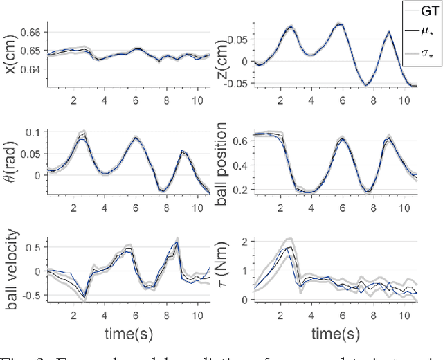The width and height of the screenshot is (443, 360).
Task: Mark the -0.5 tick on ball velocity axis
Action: pyautogui.click(x=32, y=294)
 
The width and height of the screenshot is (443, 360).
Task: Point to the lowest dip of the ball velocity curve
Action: pyautogui.click(x=85, y=298)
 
